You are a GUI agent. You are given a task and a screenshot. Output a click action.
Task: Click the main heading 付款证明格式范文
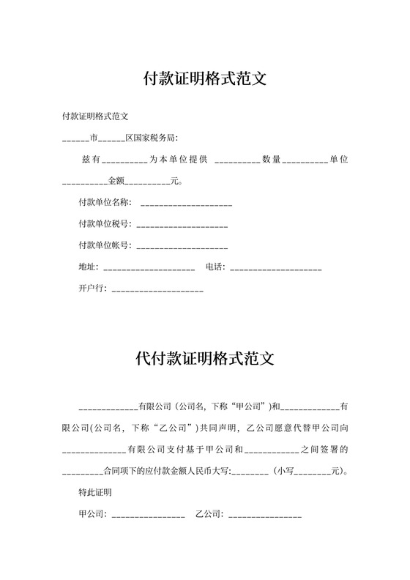[x=204, y=78]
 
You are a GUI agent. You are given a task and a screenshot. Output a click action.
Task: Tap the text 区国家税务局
[x=152, y=137]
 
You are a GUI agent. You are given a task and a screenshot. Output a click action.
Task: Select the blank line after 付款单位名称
[x=186, y=203]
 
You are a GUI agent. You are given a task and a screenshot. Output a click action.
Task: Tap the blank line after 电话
[x=275, y=267]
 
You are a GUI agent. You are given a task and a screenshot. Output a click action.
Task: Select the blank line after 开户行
[x=157, y=289]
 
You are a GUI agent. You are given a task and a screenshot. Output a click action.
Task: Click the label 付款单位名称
[x=104, y=202]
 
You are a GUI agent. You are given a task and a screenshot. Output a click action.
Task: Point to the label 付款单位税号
[x=104, y=223]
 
